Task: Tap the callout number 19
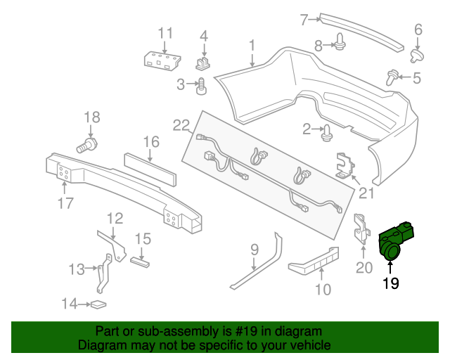coord(390,283)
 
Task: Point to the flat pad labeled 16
coord(153,167)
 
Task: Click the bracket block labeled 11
coord(162,60)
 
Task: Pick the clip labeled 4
coord(204,63)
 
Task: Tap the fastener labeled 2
coord(328,131)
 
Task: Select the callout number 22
coord(181,126)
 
